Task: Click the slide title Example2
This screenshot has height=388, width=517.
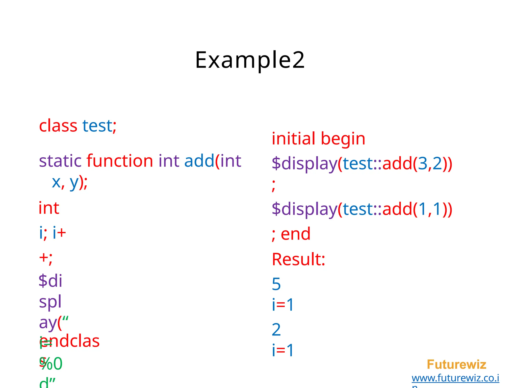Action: pyautogui.click(x=250, y=60)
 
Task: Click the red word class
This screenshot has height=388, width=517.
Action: pyautogui.click(x=58, y=126)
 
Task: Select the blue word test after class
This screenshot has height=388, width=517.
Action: pyautogui.click(x=97, y=126)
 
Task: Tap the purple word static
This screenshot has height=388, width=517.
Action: pyautogui.click(x=60, y=161)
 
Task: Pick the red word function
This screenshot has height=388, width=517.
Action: pyautogui.click(x=120, y=161)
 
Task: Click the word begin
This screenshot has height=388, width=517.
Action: pyautogui.click(x=343, y=139)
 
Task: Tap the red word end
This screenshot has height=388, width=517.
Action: pyautogui.click(x=295, y=234)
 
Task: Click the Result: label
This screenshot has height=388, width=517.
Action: pyautogui.click(x=298, y=259)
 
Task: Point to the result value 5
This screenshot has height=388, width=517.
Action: pyautogui.click(x=276, y=284)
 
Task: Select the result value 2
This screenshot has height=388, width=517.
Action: pyautogui.click(x=276, y=330)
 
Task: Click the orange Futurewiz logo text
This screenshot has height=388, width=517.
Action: pyautogui.click(x=456, y=365)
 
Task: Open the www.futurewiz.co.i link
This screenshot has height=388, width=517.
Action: pyautogui.click(x=455, y=378)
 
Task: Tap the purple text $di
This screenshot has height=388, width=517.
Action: pyautogui.click(x=50, y=281)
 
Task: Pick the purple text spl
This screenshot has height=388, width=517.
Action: pyautogui.click(x=50, y=302)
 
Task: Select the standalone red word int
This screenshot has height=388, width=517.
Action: pyautogui.click(x=49, y=208)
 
